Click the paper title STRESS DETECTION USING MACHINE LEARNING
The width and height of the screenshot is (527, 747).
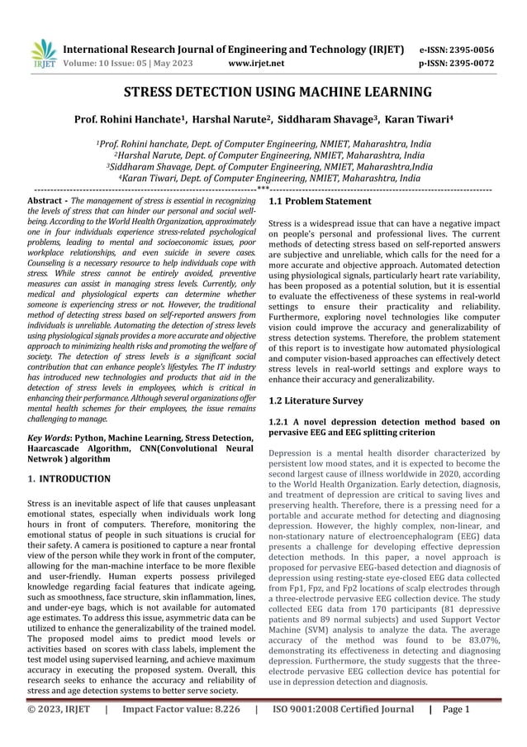point(263,92)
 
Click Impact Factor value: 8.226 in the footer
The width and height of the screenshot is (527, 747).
point(183,731)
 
